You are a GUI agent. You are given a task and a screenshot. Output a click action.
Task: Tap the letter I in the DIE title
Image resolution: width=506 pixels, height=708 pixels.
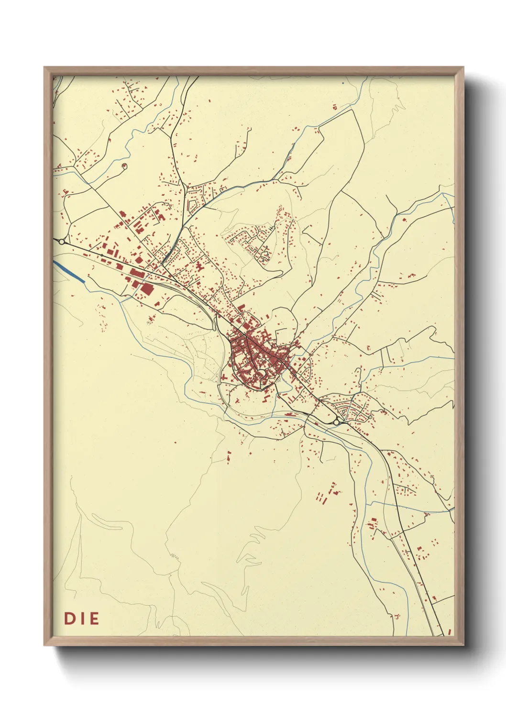coord(82,619)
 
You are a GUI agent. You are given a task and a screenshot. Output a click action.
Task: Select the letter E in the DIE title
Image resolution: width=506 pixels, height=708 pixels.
coord(94,619)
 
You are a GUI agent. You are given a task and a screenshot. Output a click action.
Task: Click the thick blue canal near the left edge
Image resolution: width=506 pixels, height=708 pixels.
coord(69,272)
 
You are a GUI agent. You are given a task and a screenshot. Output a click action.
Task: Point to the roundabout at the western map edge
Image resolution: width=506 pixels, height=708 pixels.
coord(62,242)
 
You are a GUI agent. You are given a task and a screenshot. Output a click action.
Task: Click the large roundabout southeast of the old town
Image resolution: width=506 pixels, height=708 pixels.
coord(337,422)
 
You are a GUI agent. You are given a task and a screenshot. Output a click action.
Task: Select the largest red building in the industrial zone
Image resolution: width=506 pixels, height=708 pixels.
coord(146,290)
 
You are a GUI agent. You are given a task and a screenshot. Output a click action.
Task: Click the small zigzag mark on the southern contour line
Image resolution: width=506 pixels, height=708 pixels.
coord(173,556)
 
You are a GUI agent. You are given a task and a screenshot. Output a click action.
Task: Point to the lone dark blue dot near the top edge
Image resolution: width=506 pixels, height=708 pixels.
coord(343,84)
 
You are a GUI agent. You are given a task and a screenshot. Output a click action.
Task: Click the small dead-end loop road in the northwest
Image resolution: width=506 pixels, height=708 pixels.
coord(124,166)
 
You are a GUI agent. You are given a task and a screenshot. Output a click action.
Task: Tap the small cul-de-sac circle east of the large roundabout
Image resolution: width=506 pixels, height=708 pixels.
coord(370,417)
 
